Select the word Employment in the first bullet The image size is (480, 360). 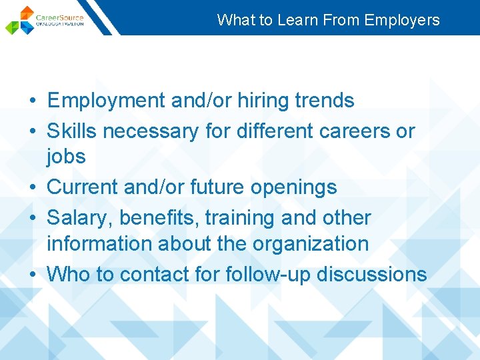click(x=107, y=101)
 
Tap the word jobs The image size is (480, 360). click(x=66, y=157)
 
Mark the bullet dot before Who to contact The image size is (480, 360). click(x=31, y=275)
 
